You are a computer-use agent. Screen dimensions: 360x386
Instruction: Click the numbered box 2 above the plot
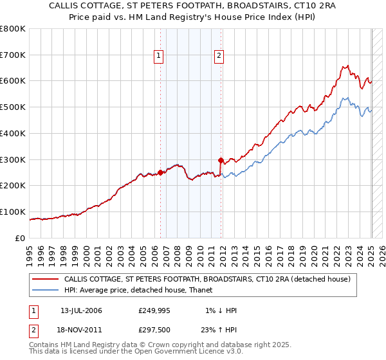pos(219,56)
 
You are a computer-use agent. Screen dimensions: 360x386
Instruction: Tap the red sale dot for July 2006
pos(160,172)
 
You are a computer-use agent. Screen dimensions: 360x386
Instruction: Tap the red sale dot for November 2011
pos(221,159)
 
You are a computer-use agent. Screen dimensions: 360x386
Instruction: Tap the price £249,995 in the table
pos(158,310)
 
